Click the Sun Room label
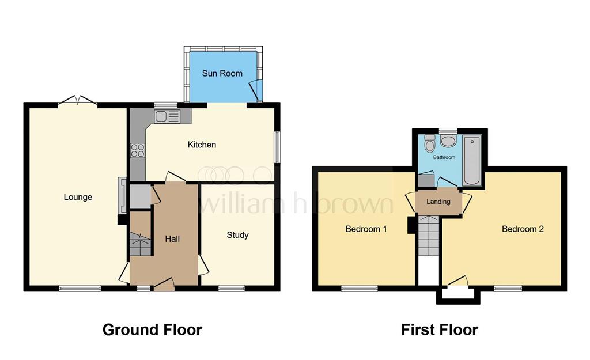(222, 73)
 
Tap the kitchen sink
(167, 116)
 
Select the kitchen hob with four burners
(138, 150)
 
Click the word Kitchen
(202, 145)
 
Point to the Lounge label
(78, 197)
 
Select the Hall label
(172, 239)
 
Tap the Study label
(237, 235)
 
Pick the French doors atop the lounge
(78, 100)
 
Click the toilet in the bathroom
(429, 143)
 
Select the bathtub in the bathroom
(472, 160)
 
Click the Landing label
(438, 202)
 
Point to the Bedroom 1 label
(366, 229)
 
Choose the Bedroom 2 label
(523, 229)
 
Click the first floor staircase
(429, 236)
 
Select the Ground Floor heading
(152, 329)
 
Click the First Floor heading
(440, 329)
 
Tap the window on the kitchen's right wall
(277, 147)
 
